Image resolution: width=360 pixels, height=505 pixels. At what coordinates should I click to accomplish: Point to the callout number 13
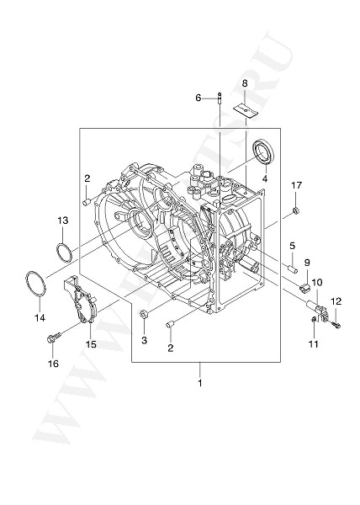click(x=62, y=221)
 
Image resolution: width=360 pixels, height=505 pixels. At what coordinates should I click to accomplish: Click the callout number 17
click(x=296, y=185)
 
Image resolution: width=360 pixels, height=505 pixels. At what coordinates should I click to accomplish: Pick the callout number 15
click(x=90, y=343)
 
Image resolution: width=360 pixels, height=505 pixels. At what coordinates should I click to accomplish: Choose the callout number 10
click(x=317, y=283)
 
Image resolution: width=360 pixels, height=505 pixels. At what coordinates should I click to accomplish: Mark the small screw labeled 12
click(x=335, y=323)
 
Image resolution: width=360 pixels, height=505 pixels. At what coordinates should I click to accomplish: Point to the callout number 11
click(x=312, y=343)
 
